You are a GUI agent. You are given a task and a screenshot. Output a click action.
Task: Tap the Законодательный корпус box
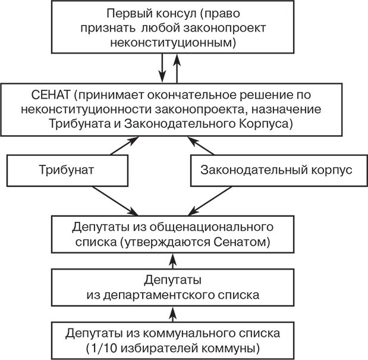276,170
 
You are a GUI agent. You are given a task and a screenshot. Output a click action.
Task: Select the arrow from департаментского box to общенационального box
172,260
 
